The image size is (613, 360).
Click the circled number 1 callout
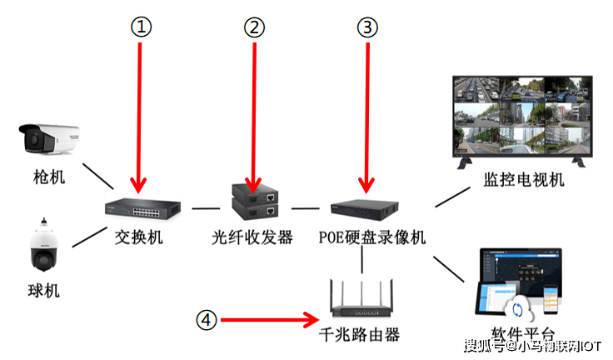(x=141, y=27)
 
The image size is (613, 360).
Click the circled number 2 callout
(x=253, y=27)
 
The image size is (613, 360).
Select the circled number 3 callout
(x=366, y=27)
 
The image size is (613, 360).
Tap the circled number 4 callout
(x=207, y=318)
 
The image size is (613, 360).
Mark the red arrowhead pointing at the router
(x=313, y=318)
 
